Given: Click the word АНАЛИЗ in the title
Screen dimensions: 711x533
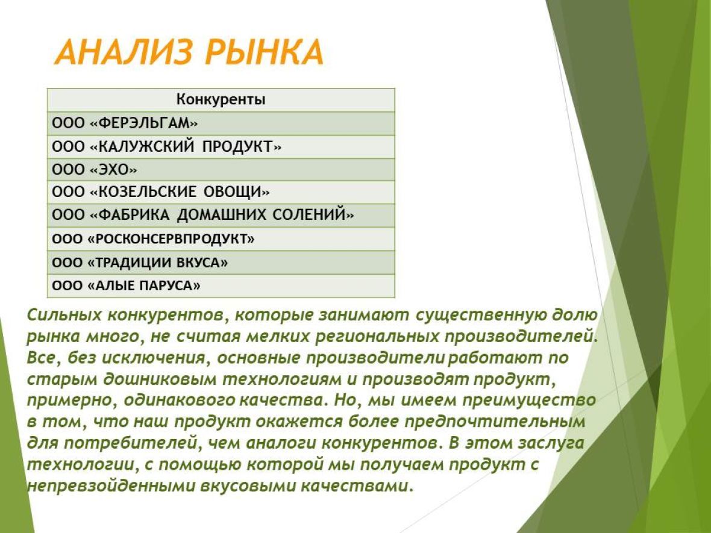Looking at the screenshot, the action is (x=124, y=52).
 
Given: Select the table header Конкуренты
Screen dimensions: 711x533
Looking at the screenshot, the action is (x=221, y=99).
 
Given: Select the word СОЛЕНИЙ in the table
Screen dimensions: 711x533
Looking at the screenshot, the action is (x=309, y=214).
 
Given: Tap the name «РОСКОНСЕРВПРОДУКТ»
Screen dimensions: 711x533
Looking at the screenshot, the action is (x=171, y=239).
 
